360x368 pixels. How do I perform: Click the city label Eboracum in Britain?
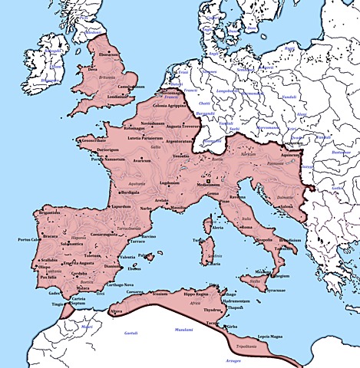109,55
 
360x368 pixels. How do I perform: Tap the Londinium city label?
116,97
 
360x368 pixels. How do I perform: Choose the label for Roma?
246,228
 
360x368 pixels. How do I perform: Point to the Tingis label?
58,304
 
